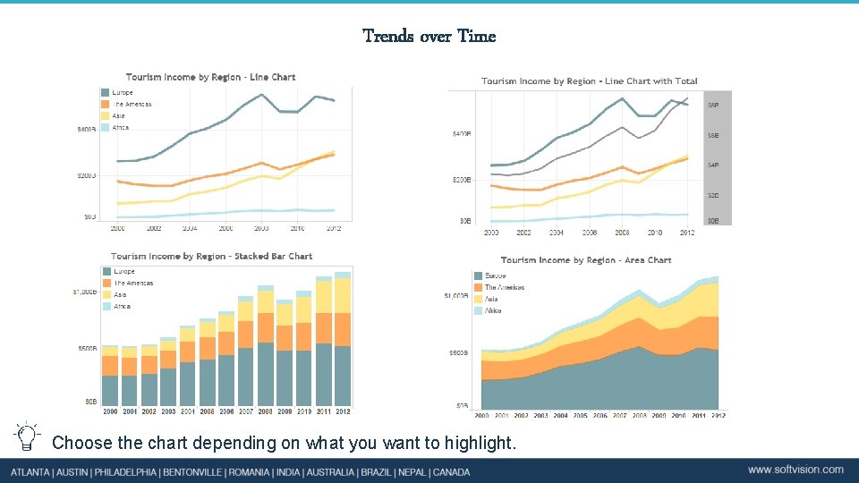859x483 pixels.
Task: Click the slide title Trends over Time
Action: (429, 36)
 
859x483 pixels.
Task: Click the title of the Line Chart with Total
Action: (589, 81)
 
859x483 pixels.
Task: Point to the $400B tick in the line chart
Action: (87, 130)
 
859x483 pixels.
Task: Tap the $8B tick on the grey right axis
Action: (713, 105)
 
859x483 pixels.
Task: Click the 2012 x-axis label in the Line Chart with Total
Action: (687, 233)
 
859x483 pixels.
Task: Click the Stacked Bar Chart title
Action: (211, 256)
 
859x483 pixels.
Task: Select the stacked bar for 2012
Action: (343, 340)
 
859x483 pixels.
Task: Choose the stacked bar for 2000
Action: (110, 376)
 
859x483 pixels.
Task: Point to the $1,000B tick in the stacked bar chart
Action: (85, 292)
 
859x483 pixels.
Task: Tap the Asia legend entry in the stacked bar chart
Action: (119, 294)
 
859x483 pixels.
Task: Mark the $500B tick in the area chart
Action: (458, 353)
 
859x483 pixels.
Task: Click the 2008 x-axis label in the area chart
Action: (639, 416)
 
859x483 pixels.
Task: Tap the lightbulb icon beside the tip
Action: (28, 436)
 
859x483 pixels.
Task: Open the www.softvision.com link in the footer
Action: (795, 470)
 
